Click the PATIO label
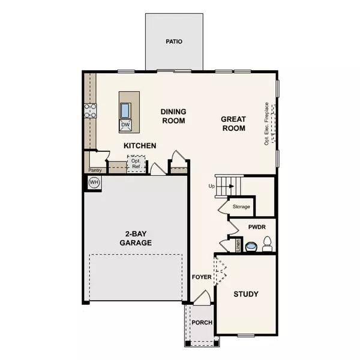coord(174,41)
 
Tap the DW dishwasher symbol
coord(125,125)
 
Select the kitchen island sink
coord(125,110)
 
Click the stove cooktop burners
coord(90,110)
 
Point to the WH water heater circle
coord(94,182)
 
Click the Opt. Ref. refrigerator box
coord(136,163)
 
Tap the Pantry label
coord(95,170)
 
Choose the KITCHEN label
coord(140,146)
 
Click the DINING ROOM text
coord(173,116)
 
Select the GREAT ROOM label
coord(233,124)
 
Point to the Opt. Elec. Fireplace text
coord(266,124)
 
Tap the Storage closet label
coord(241,206)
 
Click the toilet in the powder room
coord(267,244)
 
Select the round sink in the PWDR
coord(251,247)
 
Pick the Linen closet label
coord(238,245)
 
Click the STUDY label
coord(246,294)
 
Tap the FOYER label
coord(202,277)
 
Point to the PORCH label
coord(202,323)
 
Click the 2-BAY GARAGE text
coord(136,238)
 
